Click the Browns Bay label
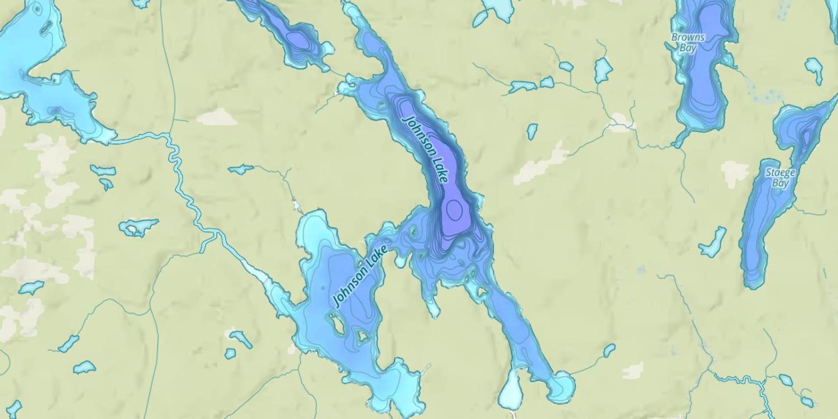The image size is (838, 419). tap(688, 42)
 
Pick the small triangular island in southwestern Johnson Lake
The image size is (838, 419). tap(362, 336)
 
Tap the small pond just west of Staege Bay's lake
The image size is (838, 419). tap(713, 242)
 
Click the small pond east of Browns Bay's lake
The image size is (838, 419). tap(814, 69)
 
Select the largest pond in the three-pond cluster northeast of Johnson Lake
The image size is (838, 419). tap(603, 70)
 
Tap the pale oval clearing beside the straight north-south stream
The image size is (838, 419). tap(217, 117)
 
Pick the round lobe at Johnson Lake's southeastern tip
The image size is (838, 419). tap(561, 385)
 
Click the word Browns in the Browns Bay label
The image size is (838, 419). tap(688, 37)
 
